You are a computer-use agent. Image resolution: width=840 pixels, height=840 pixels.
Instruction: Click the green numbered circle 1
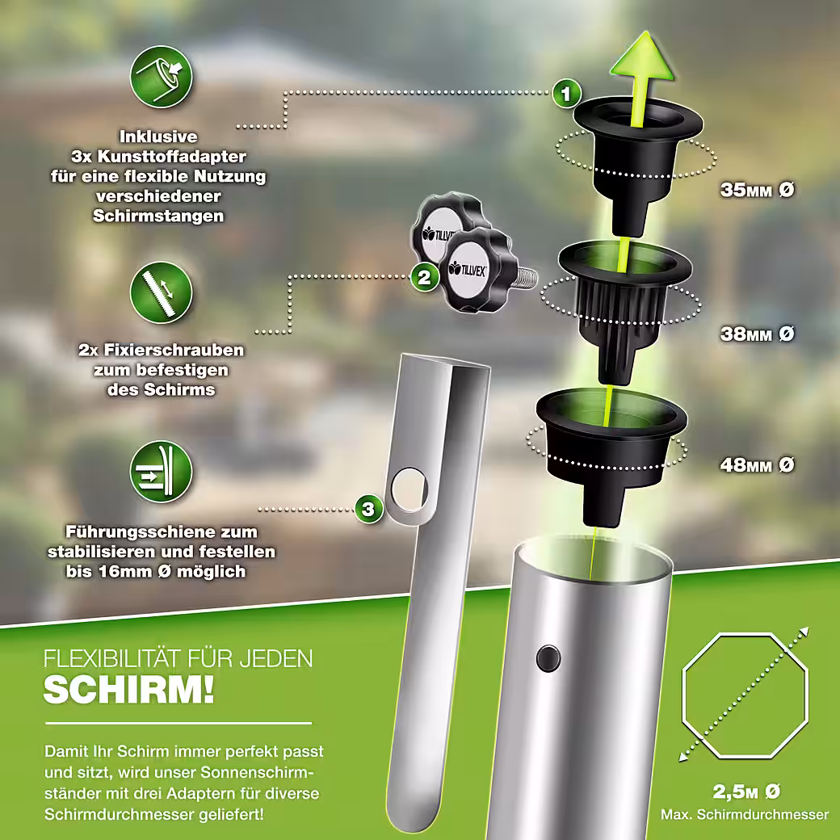[x=566, y=94]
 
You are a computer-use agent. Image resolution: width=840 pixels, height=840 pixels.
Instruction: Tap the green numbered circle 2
[x=424, y=278]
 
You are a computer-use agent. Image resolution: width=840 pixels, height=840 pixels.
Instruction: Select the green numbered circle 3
[x=368, y=508]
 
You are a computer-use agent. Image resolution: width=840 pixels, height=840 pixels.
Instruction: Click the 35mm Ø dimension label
[x=757, y=190]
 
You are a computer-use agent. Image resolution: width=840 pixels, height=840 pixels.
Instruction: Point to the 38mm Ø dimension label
[x=757, y=334]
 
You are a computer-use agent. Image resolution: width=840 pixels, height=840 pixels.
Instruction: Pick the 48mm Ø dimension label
[x=757, y=464]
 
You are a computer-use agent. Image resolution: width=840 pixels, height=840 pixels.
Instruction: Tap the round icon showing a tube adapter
[x=162, y=77]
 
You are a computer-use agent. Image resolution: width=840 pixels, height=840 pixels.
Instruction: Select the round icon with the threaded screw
[x=162, y=292]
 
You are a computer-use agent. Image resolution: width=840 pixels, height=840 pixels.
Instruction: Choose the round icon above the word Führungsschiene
[x=162, y=472]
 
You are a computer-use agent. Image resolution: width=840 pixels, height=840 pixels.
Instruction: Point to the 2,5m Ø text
[x=746, y=792]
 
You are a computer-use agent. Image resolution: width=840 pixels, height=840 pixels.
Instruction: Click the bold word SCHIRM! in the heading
[x=129, y=690]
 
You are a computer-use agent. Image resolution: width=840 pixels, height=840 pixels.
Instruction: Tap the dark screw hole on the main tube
[x=548, y=658]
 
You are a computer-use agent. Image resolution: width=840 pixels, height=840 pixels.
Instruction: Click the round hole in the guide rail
[x=410, y=489]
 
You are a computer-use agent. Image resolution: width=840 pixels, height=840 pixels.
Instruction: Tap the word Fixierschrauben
[x=174, y=350]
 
